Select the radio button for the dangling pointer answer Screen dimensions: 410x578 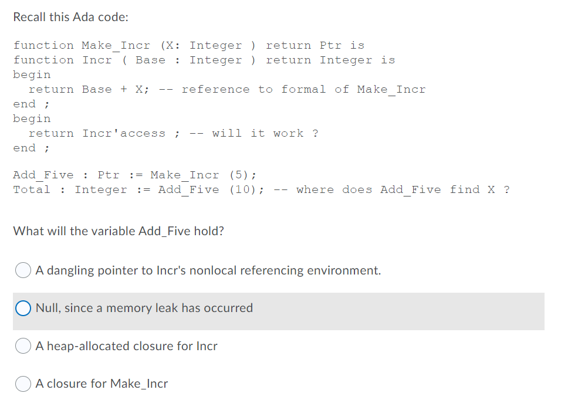pos(23,270)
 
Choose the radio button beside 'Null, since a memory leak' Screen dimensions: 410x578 pos(23,308)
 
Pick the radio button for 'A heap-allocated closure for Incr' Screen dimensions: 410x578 pos(23,346)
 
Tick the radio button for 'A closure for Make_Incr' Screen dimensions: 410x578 pos(23,384)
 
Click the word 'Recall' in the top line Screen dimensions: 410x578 pos(29,17)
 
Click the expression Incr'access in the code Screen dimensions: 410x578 pos(124,134)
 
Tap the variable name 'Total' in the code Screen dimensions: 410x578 pos(32,189)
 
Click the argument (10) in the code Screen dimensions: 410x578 pos(246,189)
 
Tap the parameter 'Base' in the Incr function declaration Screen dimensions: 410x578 pos(150,60)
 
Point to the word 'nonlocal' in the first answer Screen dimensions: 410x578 pos(212,270)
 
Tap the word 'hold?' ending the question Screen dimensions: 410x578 pos(209,231)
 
